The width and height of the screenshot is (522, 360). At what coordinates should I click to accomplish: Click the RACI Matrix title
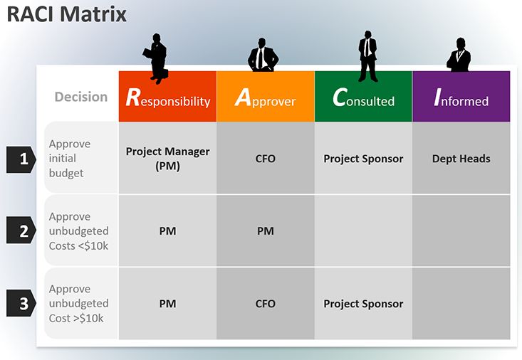pos(66,14)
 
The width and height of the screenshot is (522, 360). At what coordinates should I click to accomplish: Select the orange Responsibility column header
pos(167,97)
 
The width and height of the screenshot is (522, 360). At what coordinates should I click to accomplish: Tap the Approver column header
pos(266,97)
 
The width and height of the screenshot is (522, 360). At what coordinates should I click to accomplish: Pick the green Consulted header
pos(363,97)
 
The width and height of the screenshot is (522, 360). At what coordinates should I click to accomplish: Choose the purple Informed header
pos(461,97)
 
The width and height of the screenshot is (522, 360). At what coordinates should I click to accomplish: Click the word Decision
pos(81,97)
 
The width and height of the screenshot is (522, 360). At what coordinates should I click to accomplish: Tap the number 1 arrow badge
pos(21,159)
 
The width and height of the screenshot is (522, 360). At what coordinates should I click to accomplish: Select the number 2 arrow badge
pos(21,231)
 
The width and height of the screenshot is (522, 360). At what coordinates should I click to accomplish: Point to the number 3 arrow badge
pos(21,303)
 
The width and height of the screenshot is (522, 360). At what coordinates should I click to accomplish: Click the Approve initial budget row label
pos(70,159)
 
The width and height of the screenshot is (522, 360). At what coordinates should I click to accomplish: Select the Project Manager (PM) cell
pos(167,159)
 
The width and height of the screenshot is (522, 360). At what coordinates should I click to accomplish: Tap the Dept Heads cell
pos(461,159)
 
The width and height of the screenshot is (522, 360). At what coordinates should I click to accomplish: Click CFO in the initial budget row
pos(266,159)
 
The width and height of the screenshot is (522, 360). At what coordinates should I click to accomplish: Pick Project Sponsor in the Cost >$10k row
pos(363,303)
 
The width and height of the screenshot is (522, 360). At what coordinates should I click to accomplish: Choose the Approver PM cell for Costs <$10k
pos(266,231)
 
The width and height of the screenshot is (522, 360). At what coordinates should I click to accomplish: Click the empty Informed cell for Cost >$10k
pos(461,303)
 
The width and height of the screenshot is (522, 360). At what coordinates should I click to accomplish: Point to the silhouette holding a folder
pos(157,58)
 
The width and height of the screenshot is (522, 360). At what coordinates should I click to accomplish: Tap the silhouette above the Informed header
pos(459,55)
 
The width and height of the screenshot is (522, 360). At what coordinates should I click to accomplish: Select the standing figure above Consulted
pos(368,56)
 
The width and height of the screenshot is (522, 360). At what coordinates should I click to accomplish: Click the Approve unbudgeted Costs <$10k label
pos(78,231)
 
